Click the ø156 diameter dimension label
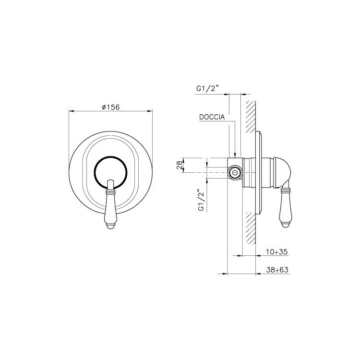point(111,107)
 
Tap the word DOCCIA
point(212,117)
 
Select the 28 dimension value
point(180,165)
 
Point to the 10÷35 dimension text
point(277,252)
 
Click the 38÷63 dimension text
point(277,270)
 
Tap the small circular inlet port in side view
point(235,172)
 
